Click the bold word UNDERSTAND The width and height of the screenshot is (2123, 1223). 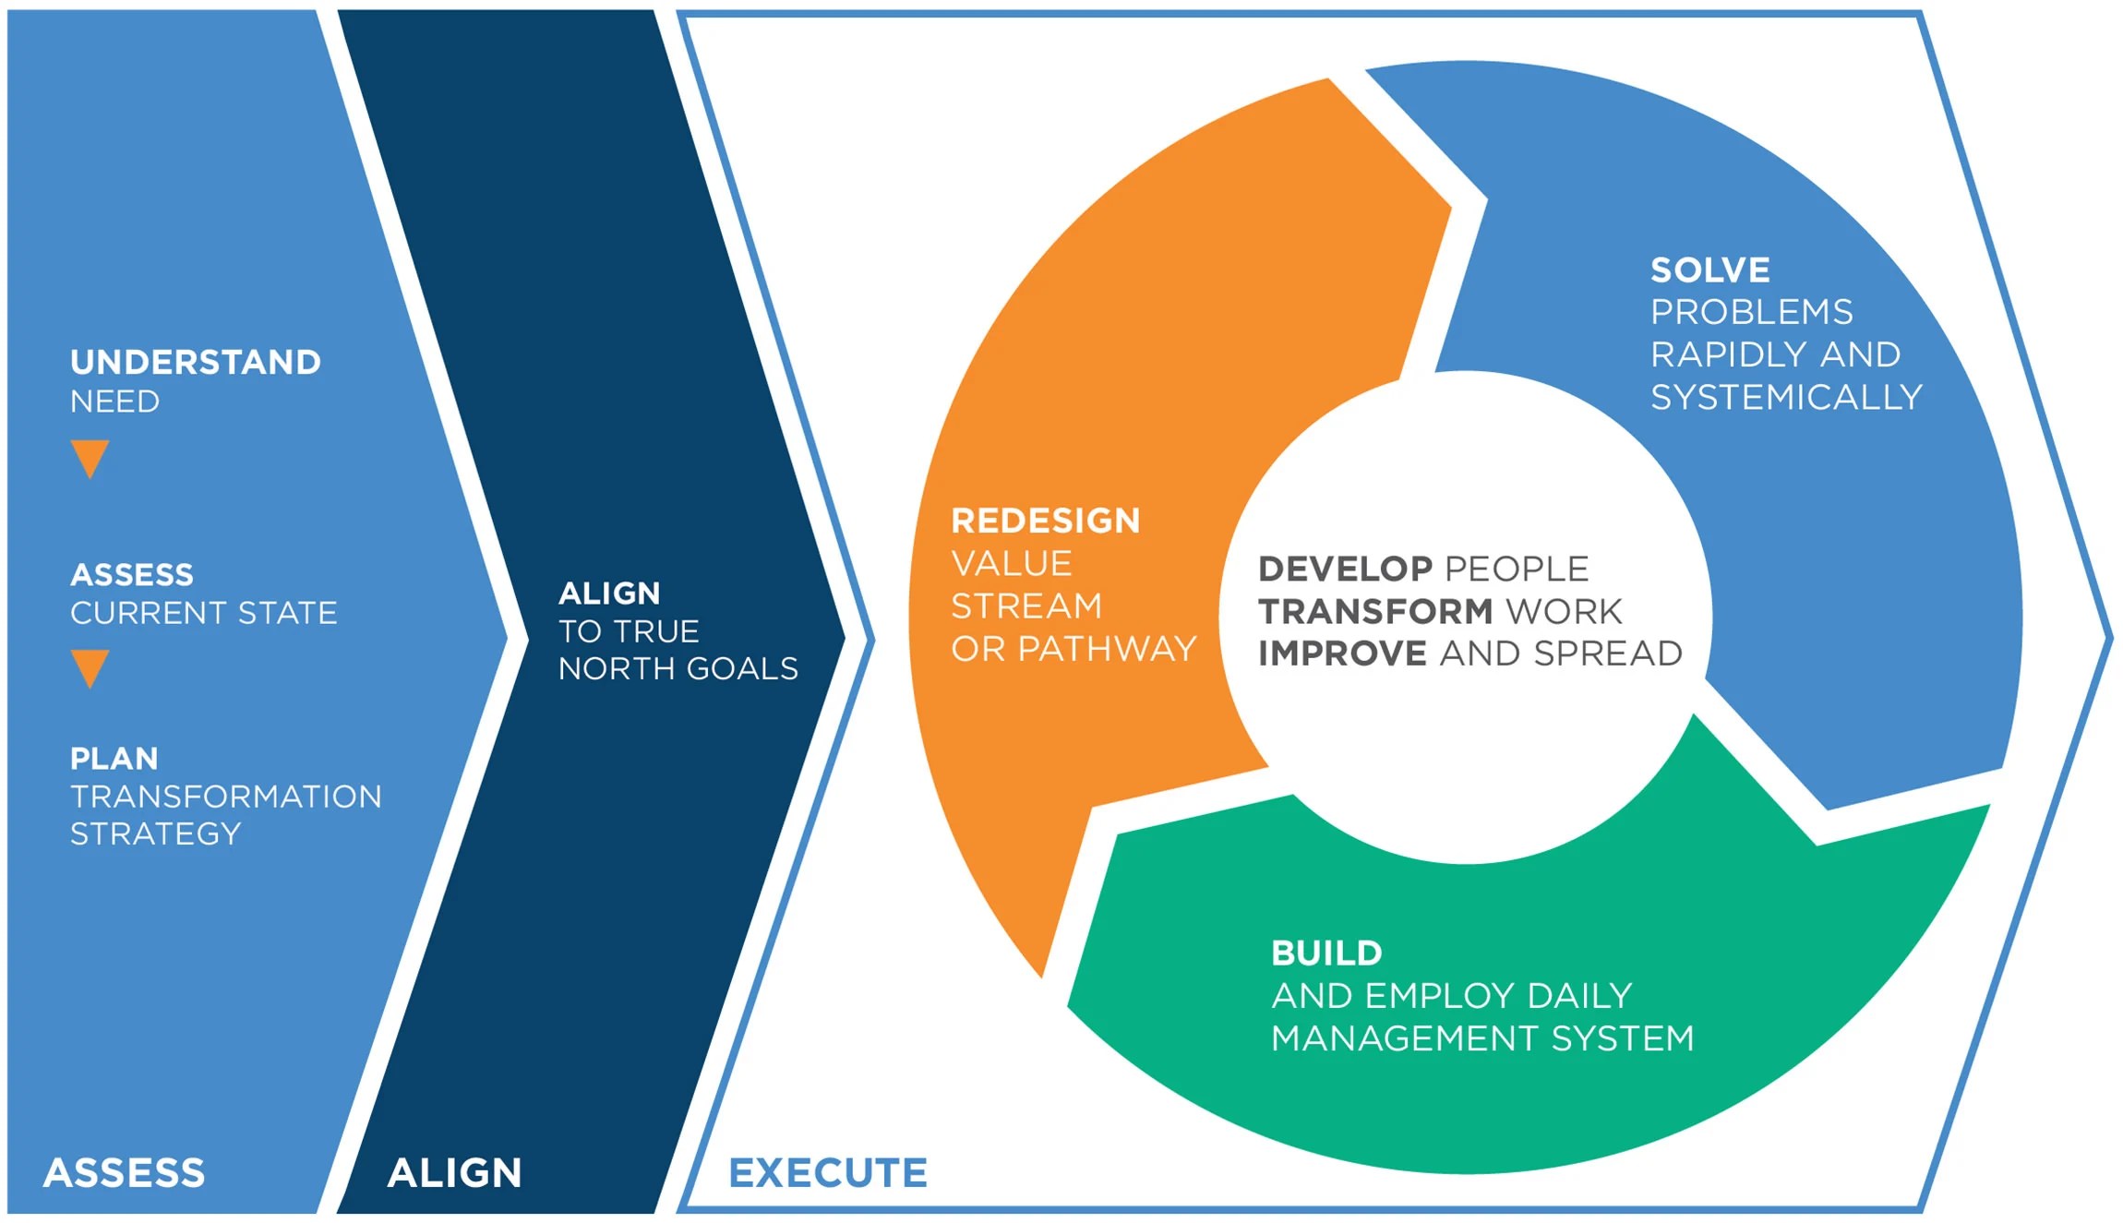click(196, 362)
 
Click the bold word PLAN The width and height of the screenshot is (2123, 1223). click(114, 759)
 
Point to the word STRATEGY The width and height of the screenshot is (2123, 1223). click(156, 834)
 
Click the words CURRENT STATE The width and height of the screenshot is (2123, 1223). click(204, 613)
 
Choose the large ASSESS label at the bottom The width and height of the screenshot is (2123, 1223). click(125, 1173)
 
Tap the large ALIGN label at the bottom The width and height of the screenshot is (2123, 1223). click(454, 1173)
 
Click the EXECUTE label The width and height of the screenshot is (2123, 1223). click(828, 1173)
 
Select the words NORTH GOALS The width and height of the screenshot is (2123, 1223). click(678, 668)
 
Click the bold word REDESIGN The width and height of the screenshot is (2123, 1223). click(1046, 521)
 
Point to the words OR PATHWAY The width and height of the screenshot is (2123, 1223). click(1073, 649)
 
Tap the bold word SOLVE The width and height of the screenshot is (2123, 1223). click(1710, 270)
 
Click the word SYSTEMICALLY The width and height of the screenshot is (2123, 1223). click(1786, 398)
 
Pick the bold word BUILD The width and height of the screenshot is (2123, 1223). click(1326, 953)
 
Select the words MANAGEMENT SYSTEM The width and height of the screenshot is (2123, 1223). click(1482, 1038)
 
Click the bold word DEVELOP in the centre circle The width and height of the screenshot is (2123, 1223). click(1345, 569)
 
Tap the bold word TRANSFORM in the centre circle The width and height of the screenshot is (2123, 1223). click(1374, 611)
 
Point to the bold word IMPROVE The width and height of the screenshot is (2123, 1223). click(1342, 653)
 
